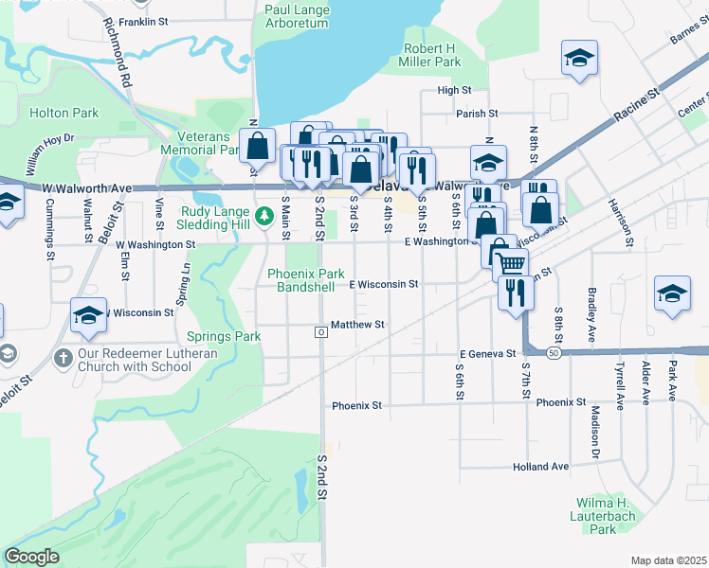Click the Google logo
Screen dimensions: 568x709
coord(31,557)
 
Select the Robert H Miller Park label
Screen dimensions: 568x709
coord(432,55)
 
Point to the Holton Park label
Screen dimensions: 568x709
coord(64,113)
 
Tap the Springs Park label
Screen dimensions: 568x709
coord(223,336)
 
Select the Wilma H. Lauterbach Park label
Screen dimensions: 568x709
coord(603,516)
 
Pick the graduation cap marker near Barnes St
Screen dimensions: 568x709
coord(579,59)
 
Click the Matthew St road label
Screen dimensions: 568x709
coord(357,325)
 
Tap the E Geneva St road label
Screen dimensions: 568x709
coord(486,353)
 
